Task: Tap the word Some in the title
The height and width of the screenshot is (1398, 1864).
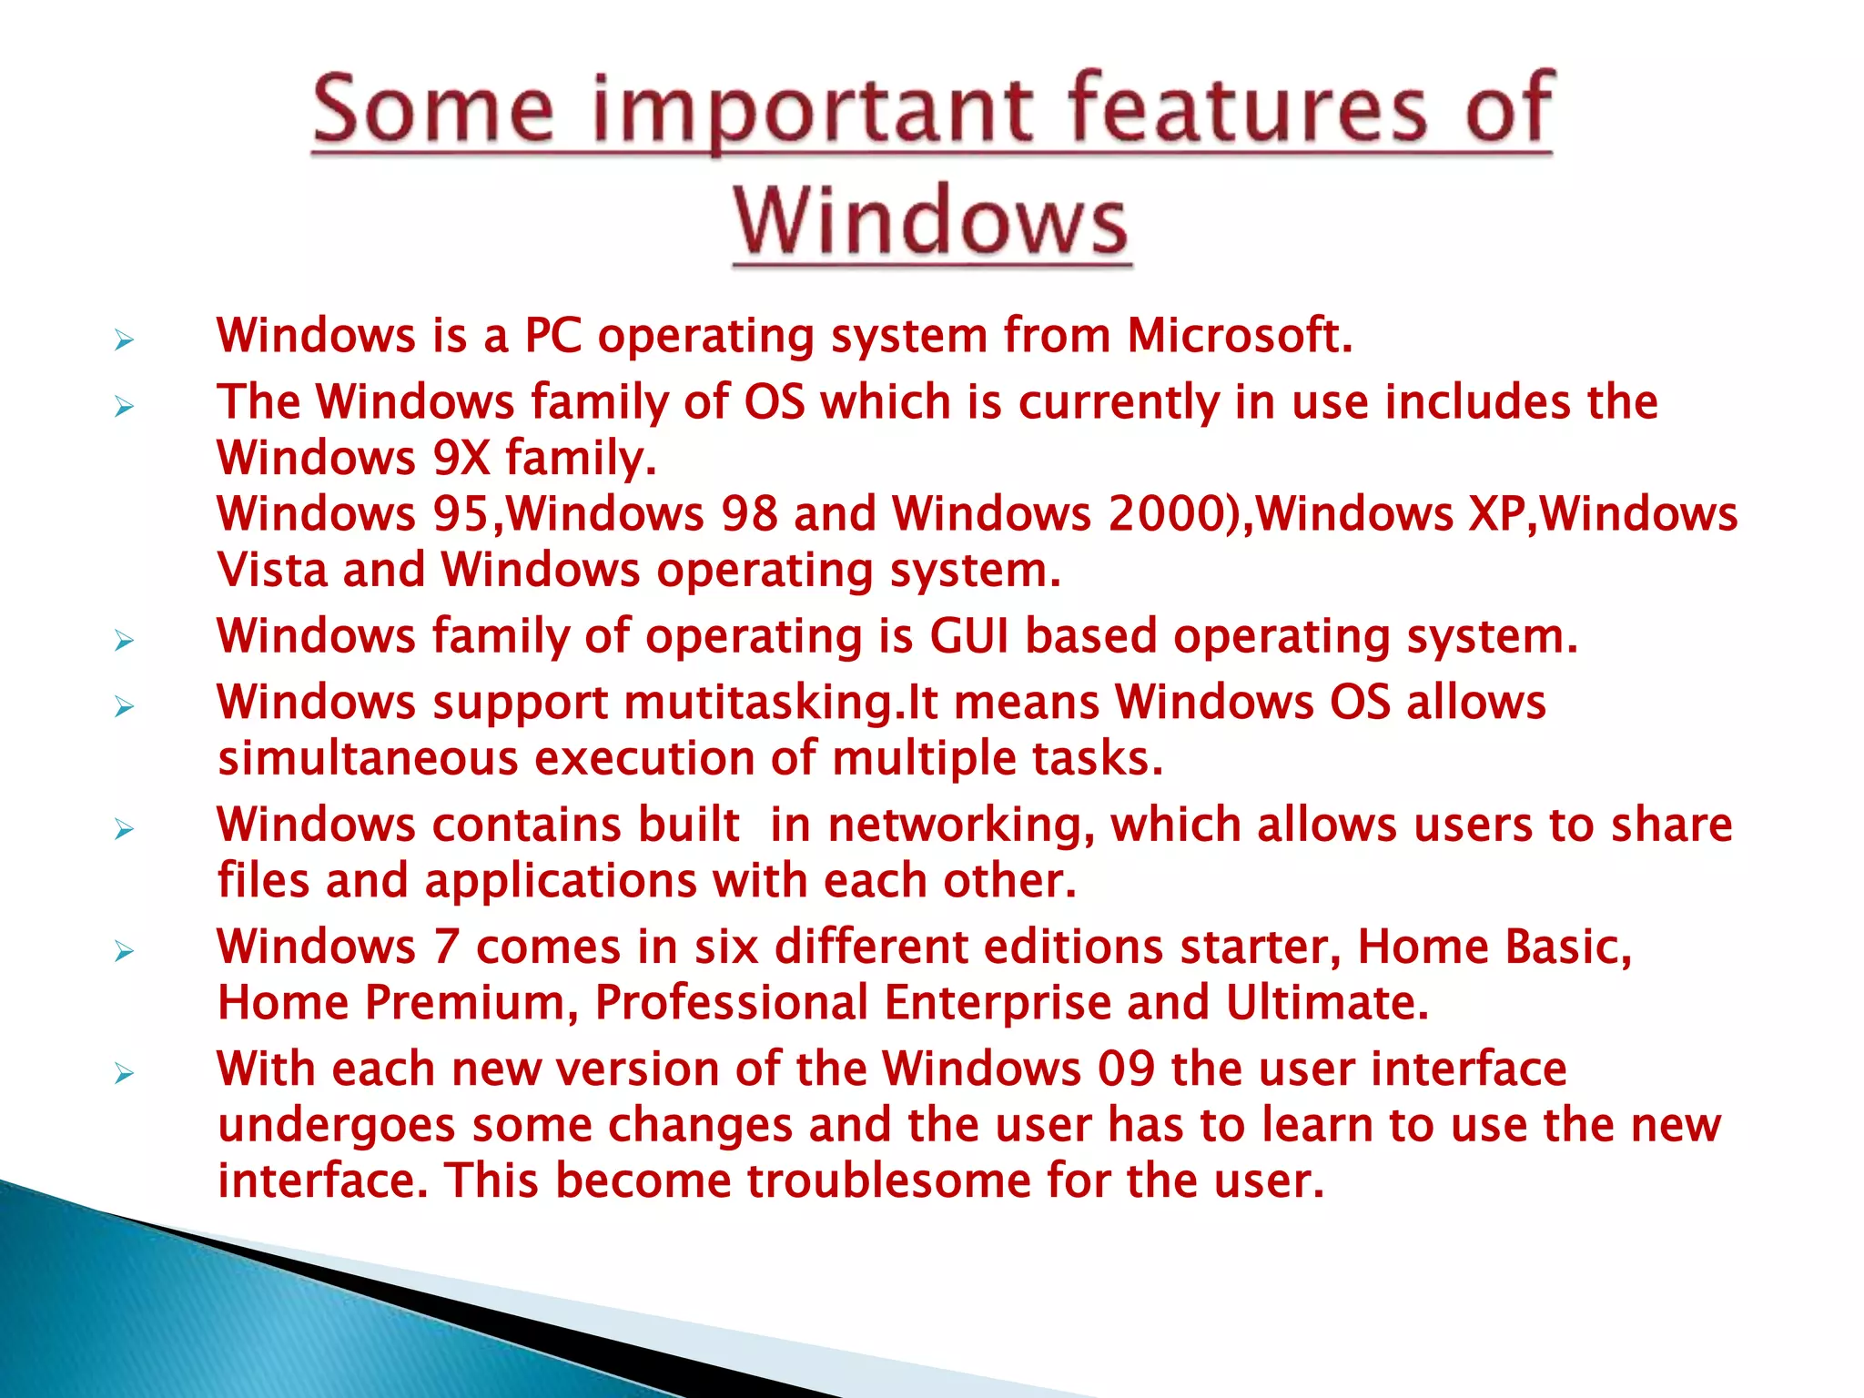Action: click(x=432, y=111)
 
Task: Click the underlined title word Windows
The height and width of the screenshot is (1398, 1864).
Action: click(x=931, y=221)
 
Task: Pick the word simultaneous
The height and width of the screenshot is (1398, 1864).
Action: click(x=368, y=759)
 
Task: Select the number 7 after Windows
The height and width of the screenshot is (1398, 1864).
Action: click(x=446, y=947)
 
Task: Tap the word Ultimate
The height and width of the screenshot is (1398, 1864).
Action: click(x=1325, y=1003)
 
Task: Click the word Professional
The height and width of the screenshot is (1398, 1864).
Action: click(x=731, y=1003)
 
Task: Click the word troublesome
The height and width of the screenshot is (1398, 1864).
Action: click(x=889, y=1181)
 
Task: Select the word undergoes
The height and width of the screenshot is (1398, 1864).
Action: click(x=336, y=1126)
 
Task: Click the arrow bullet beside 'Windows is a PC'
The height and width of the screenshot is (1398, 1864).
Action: click(x=125, y=341)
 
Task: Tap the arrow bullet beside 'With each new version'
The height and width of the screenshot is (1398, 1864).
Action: click(x=125, y=1074)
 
